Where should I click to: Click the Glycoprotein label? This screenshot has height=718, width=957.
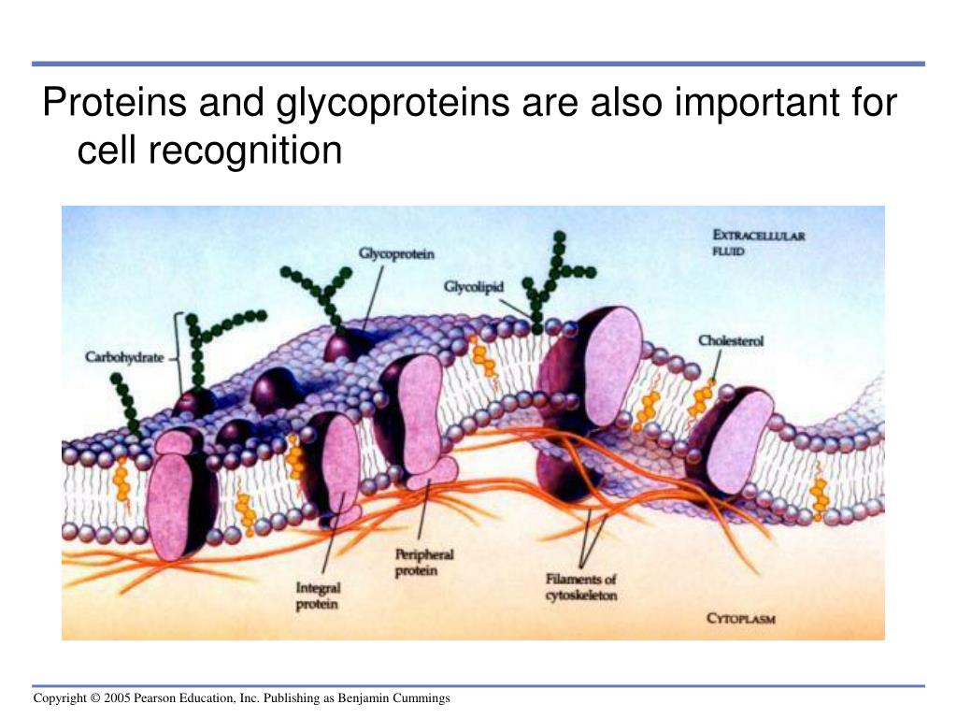(396, 253)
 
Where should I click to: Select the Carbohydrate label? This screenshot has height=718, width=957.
(124, 356)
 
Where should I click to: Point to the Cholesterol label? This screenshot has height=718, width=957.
(731, 341)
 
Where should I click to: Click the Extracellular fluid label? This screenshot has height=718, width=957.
(758, 243)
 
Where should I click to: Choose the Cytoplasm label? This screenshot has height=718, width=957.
(741, 619)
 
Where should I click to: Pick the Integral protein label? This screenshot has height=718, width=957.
(318, 596)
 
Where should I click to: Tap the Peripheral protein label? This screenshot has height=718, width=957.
(423, 562)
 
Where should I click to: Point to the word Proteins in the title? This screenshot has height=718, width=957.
(113, 103)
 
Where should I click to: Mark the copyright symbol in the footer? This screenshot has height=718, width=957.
(95, 698)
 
